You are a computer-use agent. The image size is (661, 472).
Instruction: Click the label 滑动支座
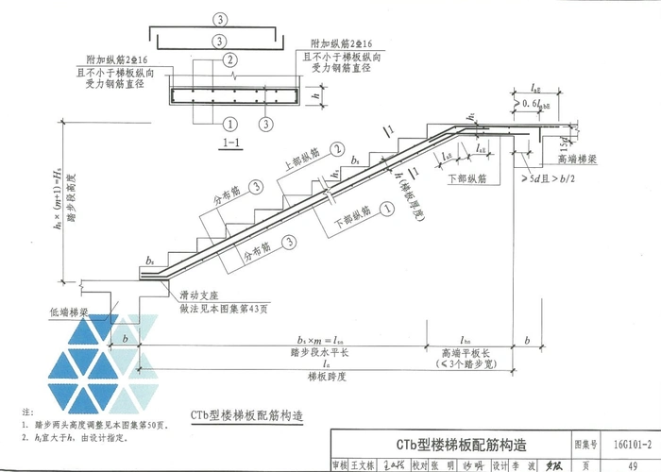201,296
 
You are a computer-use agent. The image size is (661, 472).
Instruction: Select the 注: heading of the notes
25,413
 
